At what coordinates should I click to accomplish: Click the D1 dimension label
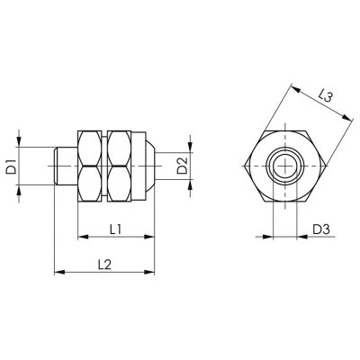[12, 166]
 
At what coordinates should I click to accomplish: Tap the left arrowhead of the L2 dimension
[58, 270]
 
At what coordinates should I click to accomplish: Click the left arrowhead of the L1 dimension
[83, 238]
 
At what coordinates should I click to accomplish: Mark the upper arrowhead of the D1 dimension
[26, 148]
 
